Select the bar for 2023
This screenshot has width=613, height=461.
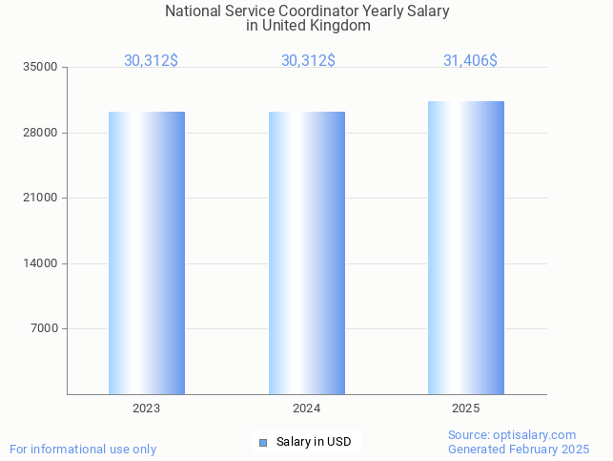click(x=146, y=253)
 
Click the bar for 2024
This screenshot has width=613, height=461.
click(x=306, y=253)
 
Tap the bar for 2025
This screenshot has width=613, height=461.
click(x=466, y=248)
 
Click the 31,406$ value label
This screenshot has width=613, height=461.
click(x=470, y=61)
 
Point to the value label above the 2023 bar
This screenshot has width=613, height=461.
click(x=151, y=61)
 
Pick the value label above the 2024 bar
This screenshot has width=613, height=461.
click(x=308, y=61)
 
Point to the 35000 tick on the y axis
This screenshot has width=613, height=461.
click(x=42, y=67)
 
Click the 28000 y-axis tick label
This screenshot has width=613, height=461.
click(x=42, y=133)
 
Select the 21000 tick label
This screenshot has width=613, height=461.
click(x=42, y=198)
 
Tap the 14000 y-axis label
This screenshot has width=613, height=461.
click(x=42, y=263)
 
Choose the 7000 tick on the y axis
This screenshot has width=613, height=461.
click(x=45, y=328)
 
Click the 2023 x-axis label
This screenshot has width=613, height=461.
click(x=146, y=409)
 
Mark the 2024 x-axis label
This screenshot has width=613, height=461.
click(x=306, y=409)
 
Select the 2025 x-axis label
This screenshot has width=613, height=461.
click(x=466, y=409)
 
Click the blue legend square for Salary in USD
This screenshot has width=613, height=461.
click(x=263, y=442)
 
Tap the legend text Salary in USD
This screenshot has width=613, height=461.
click(x=314, y=442)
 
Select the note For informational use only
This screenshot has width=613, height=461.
click(x=83, y=449)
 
